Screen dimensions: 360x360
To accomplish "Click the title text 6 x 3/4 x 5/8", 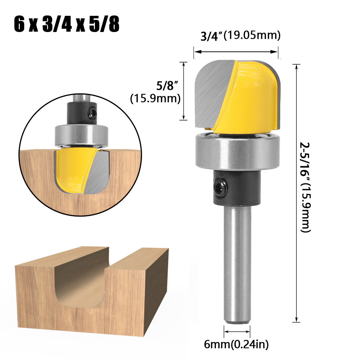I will (x=67, y=24).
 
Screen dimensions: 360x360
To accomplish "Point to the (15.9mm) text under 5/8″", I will (x=155, y=99).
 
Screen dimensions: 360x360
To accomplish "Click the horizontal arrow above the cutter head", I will (x=236, y=52).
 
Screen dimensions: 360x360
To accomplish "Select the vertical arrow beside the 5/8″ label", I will (x=184, y=91).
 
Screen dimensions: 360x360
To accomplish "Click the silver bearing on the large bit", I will (x=237, y=151).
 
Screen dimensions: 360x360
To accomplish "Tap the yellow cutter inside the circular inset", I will (x=72, y=169).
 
